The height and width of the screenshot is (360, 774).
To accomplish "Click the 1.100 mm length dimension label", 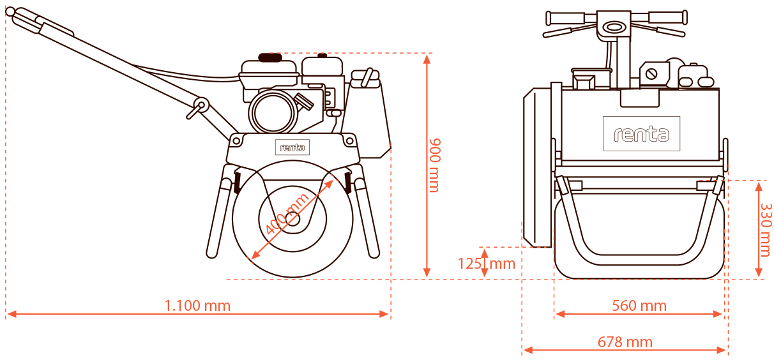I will pyautogui.click(x=197, y=305).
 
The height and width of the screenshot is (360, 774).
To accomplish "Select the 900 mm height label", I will pyautogui.click(x=434, y=165).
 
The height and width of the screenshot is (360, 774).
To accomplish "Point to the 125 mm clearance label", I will pyautogui.click(x=486, y=263).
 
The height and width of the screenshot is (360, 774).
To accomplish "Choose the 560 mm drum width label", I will pyautogui.click(x=639, y=306).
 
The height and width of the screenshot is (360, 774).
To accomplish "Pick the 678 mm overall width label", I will pyautogui.click(x=625, y=342).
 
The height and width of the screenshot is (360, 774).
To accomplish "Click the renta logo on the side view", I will pyautogui.click(x=292, y=147).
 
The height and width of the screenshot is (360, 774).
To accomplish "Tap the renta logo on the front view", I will pyautogui.click(x=641, y=134).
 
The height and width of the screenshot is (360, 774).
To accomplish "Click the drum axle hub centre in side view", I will pyautogui.click(x=292, y=219).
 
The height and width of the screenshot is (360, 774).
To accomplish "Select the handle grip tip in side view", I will pyautogui.click(x=10, y=11).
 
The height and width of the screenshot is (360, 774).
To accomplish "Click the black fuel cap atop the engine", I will pyautogui.click(x=271, y=57).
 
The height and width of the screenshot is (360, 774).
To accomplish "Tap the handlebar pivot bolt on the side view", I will pyautogui.click(x=200, y=105).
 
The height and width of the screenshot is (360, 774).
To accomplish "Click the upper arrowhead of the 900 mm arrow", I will pyautogui.click(x=427, y=58).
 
